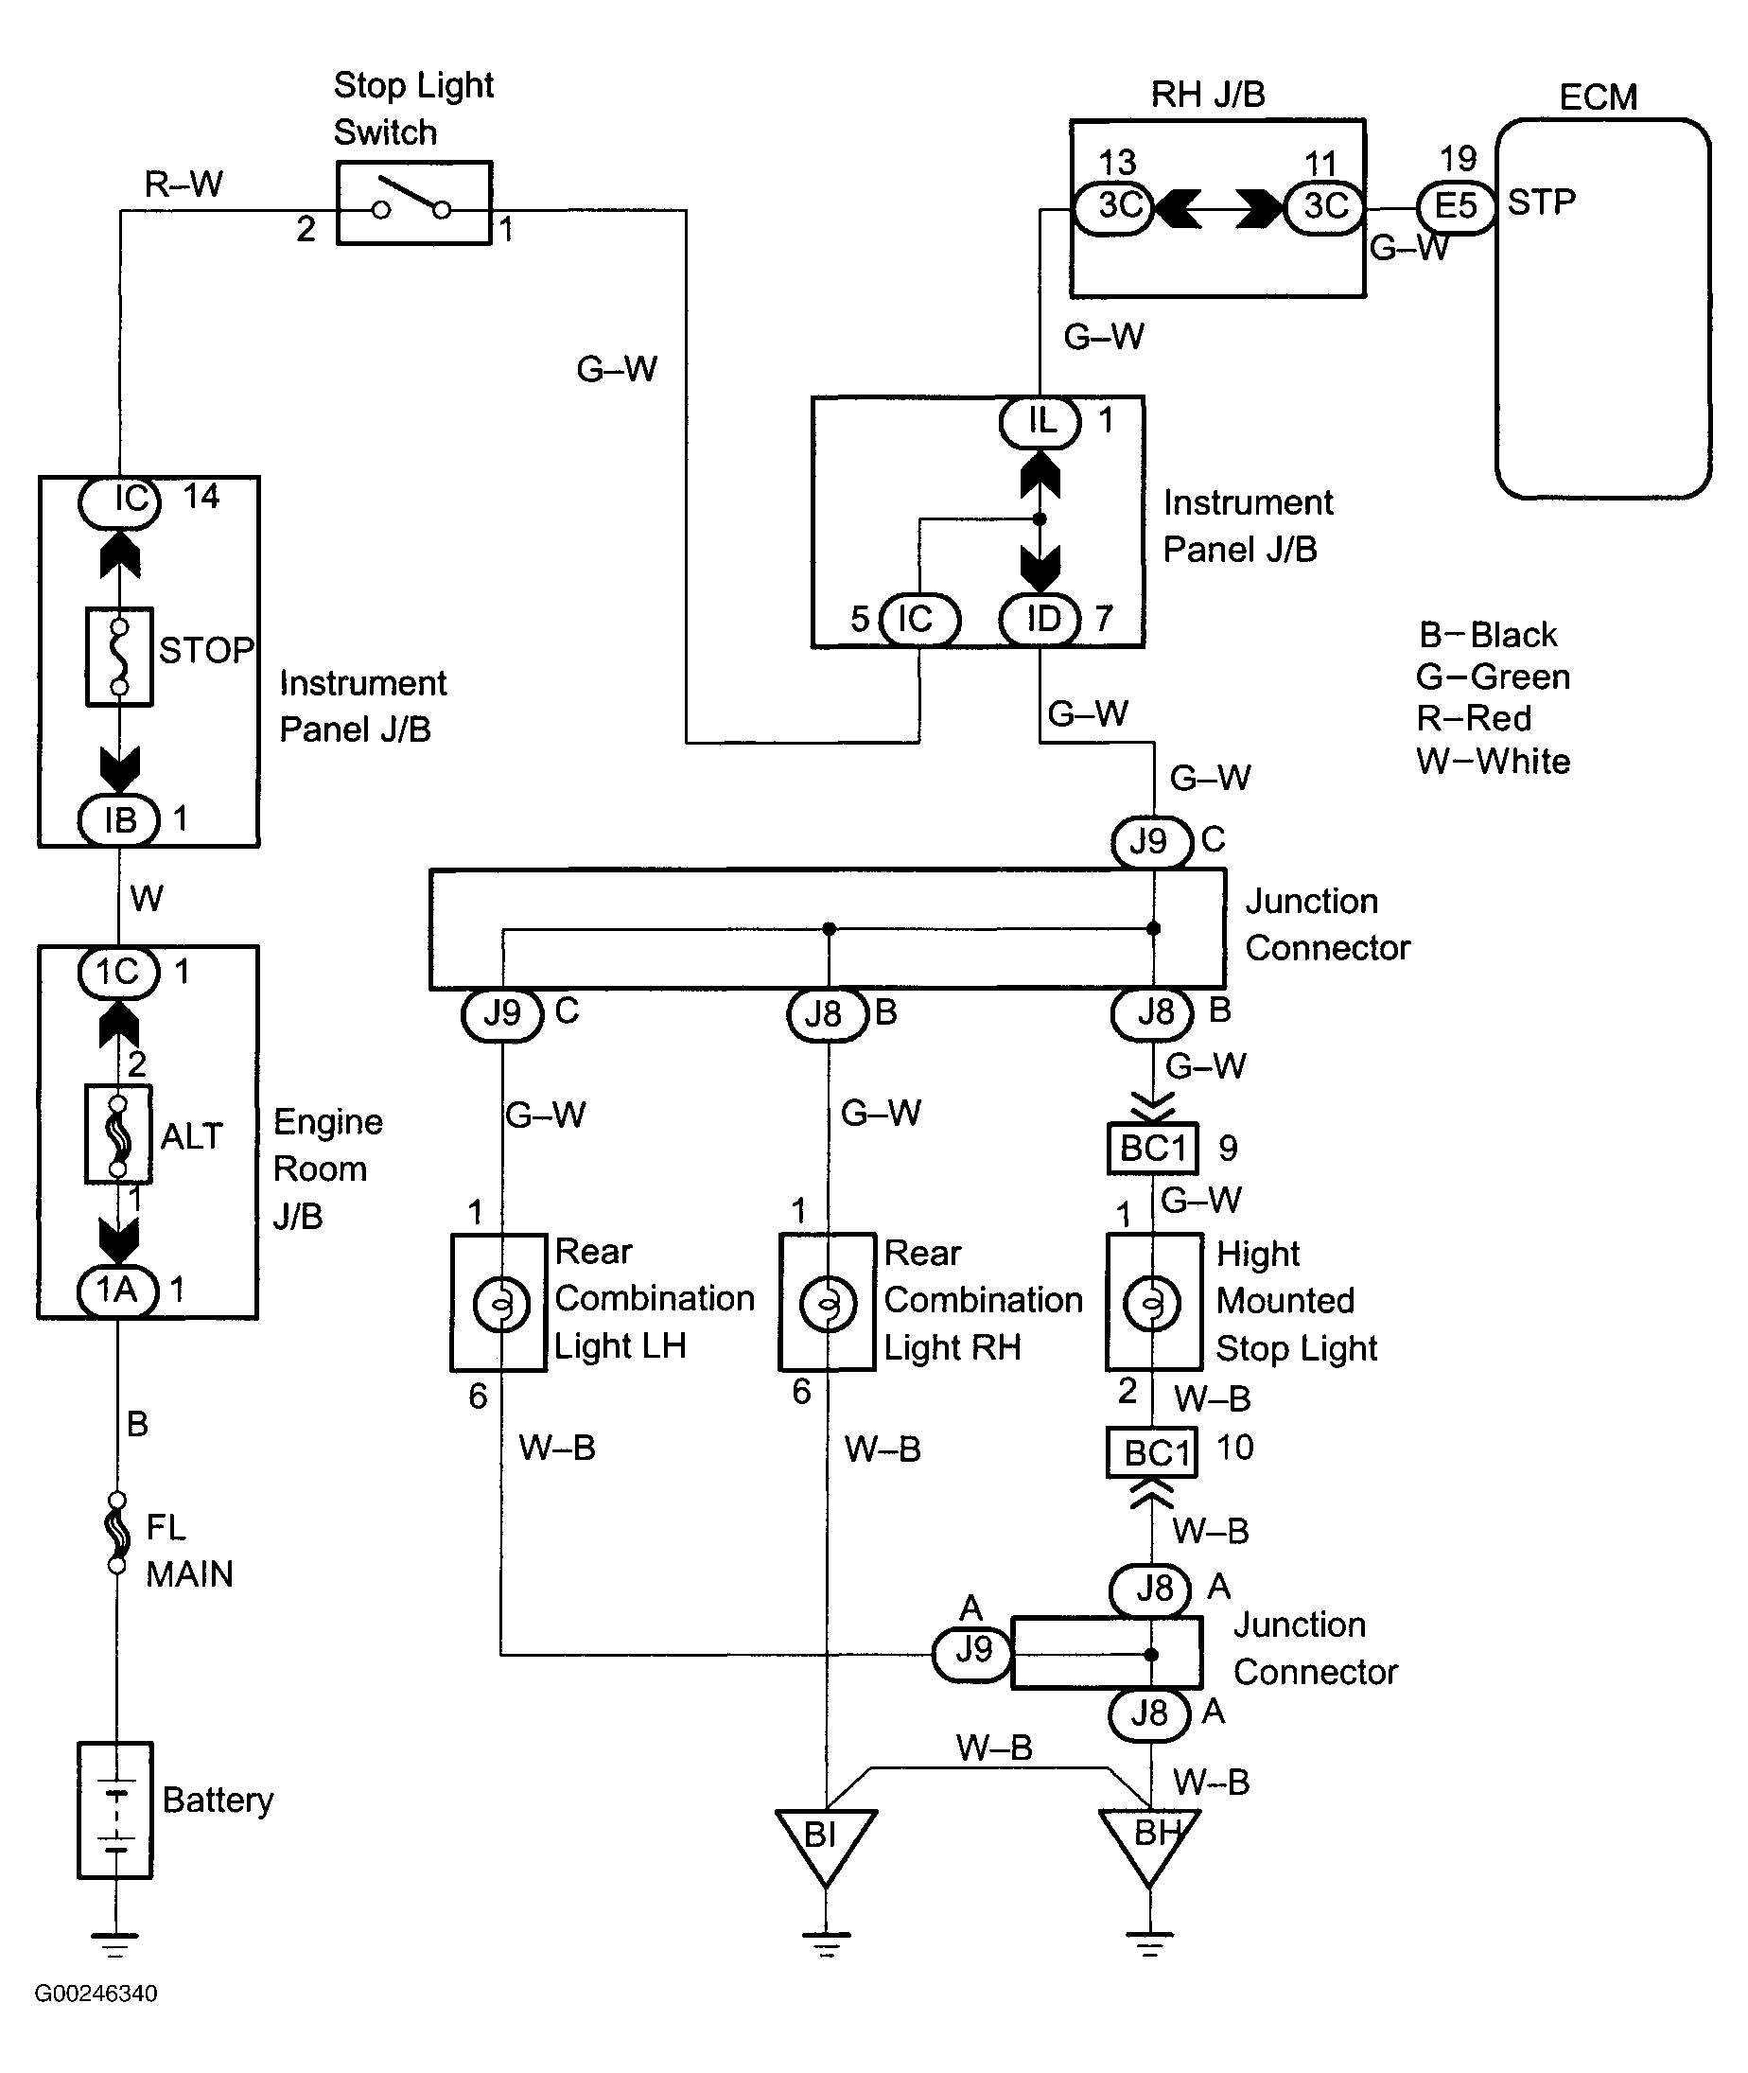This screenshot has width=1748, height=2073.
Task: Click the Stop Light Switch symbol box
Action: (414, 203)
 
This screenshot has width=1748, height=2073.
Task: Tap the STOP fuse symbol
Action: (119, 656)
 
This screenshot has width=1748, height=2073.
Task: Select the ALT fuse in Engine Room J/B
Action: (118, 1133)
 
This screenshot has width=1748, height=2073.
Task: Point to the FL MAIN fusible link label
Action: (188, 1550)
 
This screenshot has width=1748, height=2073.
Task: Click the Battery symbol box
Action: (115, 1809)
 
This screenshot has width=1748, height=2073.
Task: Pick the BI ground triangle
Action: (825, 1841)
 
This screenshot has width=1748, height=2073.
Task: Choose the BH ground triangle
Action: (1149, 1841)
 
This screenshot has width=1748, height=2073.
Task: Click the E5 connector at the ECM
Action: (1456, 207)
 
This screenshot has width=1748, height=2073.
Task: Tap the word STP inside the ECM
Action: (1541, 202)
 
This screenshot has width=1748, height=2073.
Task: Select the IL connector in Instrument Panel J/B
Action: (1040, 422)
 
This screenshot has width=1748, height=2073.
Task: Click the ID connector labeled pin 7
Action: (1040, 620)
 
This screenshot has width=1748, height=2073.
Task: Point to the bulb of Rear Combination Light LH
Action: (501, 1305)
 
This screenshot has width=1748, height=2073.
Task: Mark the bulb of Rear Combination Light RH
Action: (828, 1305)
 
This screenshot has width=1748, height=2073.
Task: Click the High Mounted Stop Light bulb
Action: (1151, 1305)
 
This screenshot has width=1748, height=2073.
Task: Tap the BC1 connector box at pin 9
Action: (1152, 1149)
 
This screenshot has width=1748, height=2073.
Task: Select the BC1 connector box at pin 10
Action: (1152, 1451)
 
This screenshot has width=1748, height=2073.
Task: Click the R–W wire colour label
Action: (184, 184)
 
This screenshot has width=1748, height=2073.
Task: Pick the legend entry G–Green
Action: (1493, 676)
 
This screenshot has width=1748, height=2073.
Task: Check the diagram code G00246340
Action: (96, 1993)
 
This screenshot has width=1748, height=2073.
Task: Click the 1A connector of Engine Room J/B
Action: (118, 1291)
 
